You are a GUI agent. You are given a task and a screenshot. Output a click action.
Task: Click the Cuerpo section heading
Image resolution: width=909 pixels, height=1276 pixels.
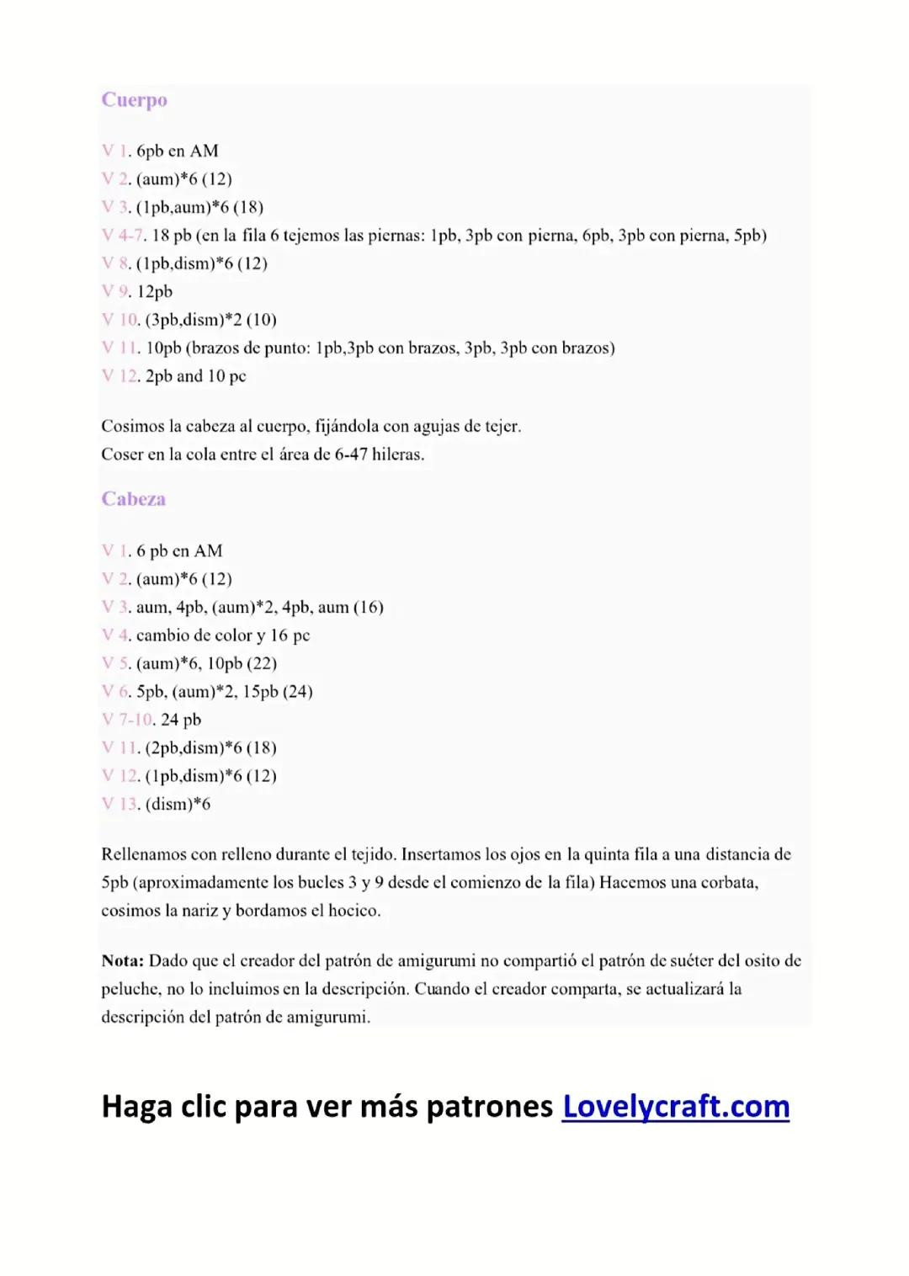click(134, 100)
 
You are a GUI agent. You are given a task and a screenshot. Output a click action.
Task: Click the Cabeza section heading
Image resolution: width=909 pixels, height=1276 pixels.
click(133, 499)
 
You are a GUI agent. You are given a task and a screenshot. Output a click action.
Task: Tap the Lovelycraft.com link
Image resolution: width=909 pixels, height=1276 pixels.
click(676, 1106)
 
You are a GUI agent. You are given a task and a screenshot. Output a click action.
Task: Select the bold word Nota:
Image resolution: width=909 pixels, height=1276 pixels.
click(123, 960)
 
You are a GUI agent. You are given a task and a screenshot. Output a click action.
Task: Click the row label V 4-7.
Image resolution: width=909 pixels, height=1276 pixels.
click(123, 236)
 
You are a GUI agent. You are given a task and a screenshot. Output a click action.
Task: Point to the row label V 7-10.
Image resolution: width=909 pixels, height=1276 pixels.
click(127, 720)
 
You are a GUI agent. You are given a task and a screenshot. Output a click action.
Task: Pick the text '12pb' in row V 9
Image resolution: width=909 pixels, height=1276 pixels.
click(155, 292)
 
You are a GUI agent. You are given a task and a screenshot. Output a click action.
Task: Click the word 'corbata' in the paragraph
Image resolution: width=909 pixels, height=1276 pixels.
click(729, 882)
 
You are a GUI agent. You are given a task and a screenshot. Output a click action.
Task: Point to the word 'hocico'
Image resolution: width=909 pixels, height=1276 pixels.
click(354, 911)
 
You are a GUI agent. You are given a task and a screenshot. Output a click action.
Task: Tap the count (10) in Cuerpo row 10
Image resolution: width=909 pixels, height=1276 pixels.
click(262, 320)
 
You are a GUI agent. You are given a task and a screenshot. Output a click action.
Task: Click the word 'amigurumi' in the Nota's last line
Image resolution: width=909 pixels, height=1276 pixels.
click(328, 1017)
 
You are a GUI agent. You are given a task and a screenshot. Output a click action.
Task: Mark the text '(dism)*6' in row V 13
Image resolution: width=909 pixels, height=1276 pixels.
click(178, 804)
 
